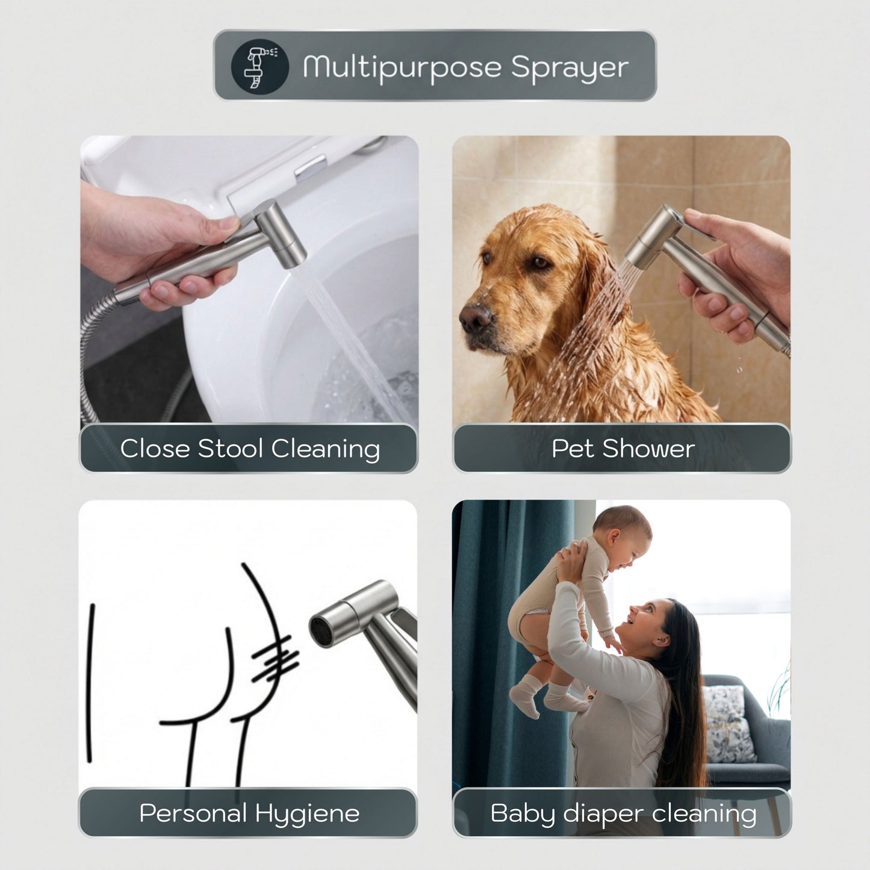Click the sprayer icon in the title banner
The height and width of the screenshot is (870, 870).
259,67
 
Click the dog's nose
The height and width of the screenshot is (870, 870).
475,317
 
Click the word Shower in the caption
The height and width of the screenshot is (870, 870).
648,449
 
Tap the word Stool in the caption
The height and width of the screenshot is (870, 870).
230,449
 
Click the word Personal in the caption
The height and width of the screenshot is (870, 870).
193,813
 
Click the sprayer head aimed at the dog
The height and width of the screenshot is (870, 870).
648,238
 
